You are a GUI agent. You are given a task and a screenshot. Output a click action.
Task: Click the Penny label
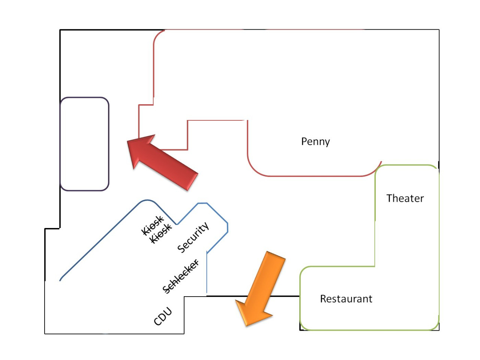click(315, 142)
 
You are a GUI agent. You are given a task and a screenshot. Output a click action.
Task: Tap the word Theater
click(405, 198)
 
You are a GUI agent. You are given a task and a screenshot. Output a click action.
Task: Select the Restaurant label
click(346, 299)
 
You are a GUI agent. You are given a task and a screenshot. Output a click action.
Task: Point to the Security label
click(193, 238)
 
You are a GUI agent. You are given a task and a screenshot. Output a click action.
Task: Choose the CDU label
click(163, 316)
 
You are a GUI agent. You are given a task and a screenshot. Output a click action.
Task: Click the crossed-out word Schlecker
click(181, 276)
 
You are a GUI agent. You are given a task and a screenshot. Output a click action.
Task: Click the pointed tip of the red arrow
click(129, 141)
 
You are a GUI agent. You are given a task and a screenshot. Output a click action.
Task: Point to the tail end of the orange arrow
click(276, 255)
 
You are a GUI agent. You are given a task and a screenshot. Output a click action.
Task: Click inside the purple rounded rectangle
click(84, 144)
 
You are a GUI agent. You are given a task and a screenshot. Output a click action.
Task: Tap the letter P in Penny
click(304, 141)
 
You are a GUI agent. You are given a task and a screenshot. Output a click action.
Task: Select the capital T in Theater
click(390, 198)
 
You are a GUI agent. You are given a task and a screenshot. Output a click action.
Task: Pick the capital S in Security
click(182, 248)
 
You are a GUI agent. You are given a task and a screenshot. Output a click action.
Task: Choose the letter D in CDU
click(163, 316)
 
